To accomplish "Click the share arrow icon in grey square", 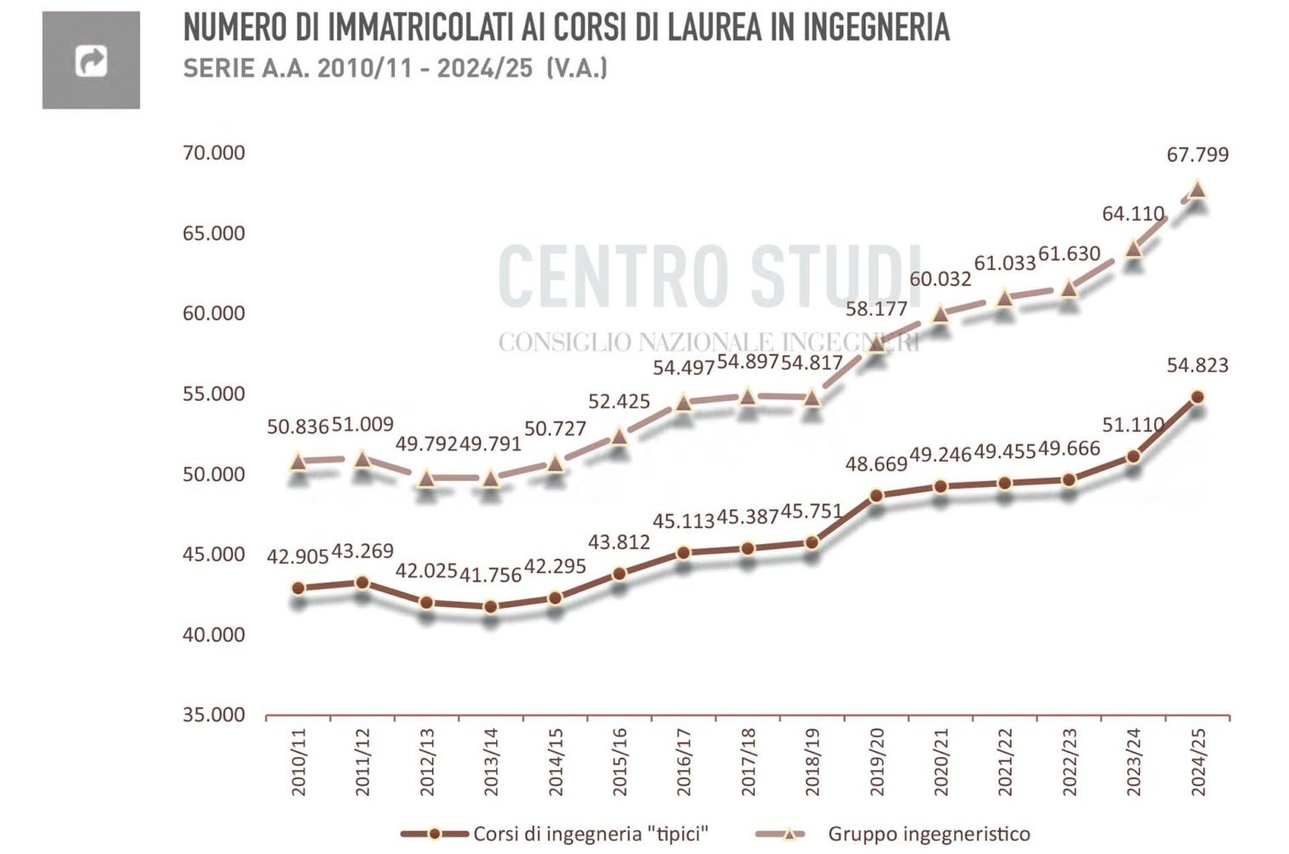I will click(91, 60).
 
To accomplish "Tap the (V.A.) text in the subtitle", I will click(577, 68).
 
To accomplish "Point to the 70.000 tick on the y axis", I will click(214, 153).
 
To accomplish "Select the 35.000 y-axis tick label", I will click(214, 715).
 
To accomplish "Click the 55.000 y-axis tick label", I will click(214, 394).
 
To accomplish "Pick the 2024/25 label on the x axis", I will click(1198, 762).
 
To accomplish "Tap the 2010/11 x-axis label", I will click(299, 762).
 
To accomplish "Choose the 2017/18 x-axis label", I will click(748, 762).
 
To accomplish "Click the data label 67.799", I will click(1197, 155).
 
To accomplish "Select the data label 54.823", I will click(1197, 365).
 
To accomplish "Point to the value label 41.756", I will click(491, 576).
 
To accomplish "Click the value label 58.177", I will click(876, 308).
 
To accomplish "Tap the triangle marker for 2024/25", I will click(1197, 189).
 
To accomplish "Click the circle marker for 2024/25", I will click(1197, 397).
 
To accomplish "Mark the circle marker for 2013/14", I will click(491, 607).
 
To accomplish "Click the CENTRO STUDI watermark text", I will click(708, 276).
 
